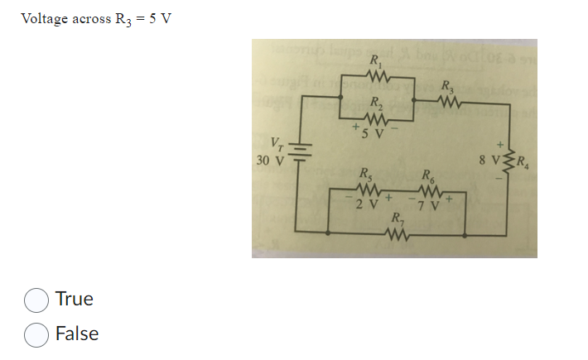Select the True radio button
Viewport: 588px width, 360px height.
pyautogui.click(x=36, y=300)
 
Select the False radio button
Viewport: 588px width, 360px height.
pyautogui.click(x=36, y=334)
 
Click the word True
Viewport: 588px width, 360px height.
pyautogui.click(x=75, y=299)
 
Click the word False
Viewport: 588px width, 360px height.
pyautogui.click(x=77, y=334)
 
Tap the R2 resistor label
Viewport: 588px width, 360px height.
pyautogui.click(x=377, y=103)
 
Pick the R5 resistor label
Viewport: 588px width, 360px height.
pyautogui.click(x=365, y=174)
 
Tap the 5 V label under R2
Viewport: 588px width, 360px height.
pyautogui.click(x=375, y=134)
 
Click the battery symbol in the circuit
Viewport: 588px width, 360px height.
pyautogui.click(x=301, y=156)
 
